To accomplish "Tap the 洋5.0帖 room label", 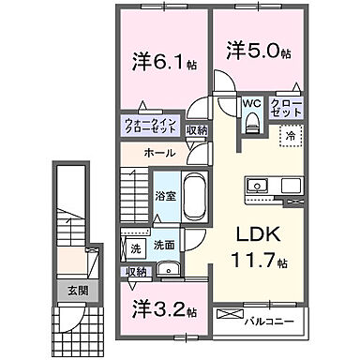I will [254, 50].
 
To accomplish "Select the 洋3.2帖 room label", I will [160, 308].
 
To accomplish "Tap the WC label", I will [251, 104].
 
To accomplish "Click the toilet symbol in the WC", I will [251, 123].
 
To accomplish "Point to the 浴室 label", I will [164, 198].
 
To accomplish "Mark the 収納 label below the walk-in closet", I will [196, 131].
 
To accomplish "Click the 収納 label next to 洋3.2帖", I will [138, 272].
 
